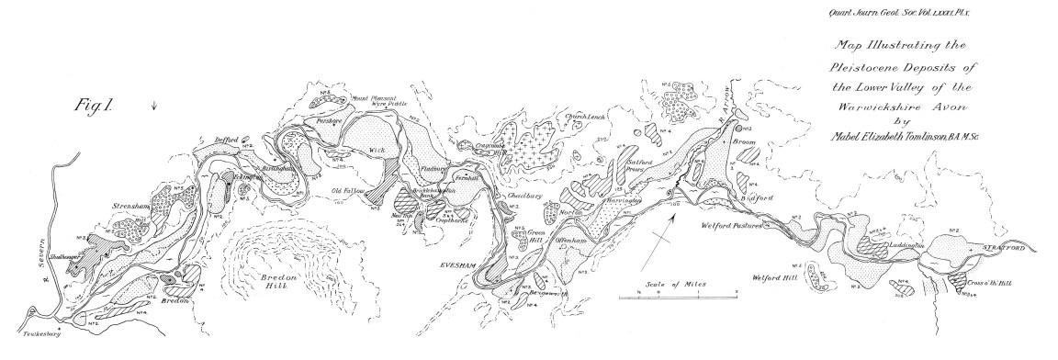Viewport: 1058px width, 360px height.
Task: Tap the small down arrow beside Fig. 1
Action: (154, 106)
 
